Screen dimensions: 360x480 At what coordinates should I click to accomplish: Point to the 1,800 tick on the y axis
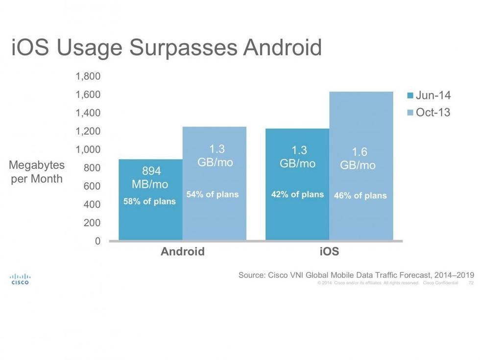coord(88,76)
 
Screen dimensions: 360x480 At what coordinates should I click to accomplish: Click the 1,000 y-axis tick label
coord(88,149)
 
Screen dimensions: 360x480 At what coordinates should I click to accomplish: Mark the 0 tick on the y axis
coord(97,241)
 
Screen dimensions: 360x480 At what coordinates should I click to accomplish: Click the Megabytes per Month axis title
coord(37,172)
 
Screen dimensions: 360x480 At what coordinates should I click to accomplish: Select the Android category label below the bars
coord(183,252)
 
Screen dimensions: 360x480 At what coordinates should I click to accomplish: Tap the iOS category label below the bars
coord(329,252)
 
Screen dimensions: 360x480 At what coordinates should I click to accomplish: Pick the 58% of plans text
coord(149,201)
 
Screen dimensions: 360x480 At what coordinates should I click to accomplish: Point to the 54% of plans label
coord(213,194)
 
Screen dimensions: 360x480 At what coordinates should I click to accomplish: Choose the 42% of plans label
coord(297,194)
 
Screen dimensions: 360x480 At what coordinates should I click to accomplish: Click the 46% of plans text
coord(360,196)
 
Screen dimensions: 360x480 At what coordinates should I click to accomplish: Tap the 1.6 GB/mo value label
coord(360,159)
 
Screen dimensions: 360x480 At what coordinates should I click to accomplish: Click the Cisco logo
coord(20,279)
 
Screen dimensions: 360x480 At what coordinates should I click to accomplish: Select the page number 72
coord(471,283)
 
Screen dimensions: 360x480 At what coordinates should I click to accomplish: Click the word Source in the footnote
coord(251,275)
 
